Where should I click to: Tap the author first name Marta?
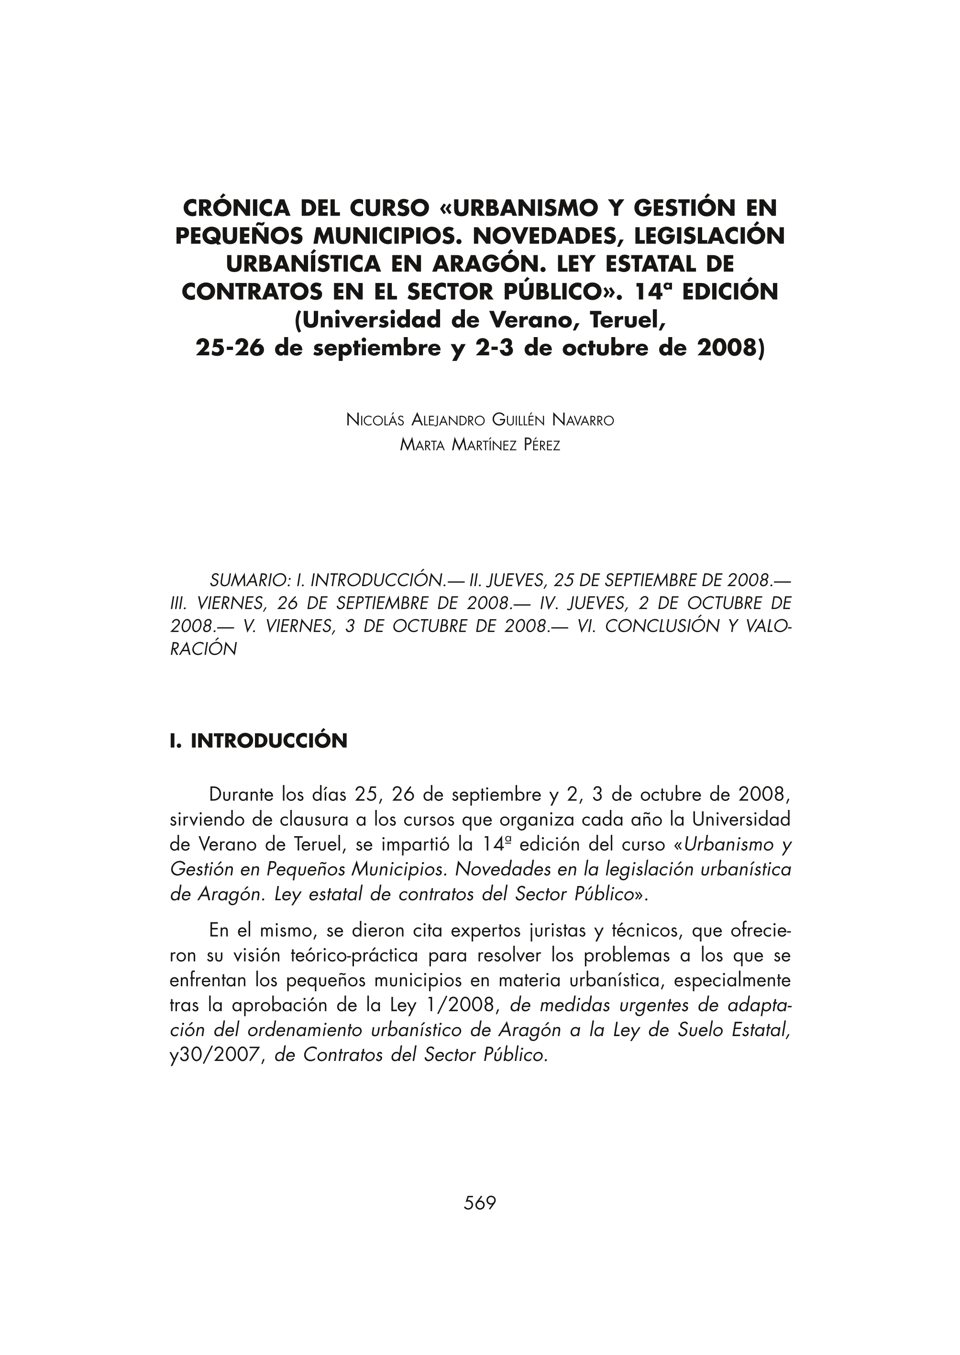[x=422, y=445]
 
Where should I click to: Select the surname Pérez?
[x=541, y=445]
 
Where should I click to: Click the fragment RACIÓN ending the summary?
[x=203, y=649]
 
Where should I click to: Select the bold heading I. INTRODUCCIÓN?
[x=258, y=741]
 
